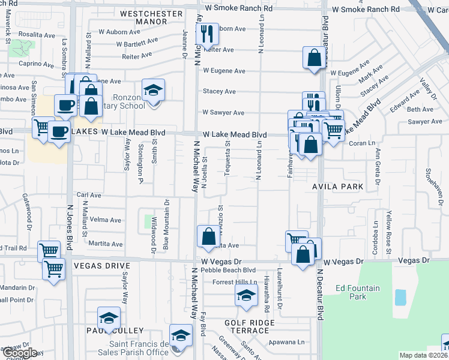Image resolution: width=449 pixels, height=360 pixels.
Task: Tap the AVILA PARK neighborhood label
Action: pos(337,187)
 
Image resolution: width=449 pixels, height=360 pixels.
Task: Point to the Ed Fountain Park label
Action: pos(358,292)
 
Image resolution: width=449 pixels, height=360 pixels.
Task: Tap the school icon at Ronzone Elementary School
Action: pos(154,91)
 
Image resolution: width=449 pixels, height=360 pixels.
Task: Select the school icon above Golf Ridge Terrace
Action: pos(246,295)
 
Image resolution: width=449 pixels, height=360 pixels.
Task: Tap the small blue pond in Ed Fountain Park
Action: pos(400,297)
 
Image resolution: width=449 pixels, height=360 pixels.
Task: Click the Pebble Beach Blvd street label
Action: pos(229,271)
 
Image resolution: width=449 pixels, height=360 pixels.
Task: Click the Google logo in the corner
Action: pos(20,353)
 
